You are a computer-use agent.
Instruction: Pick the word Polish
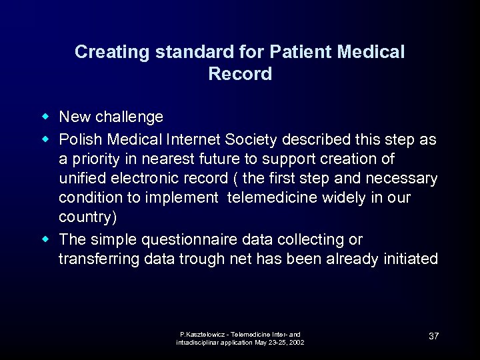pyautogui.click(x=77, y=139)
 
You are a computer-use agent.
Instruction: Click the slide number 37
pyautogui.click(x=433, y=336)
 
